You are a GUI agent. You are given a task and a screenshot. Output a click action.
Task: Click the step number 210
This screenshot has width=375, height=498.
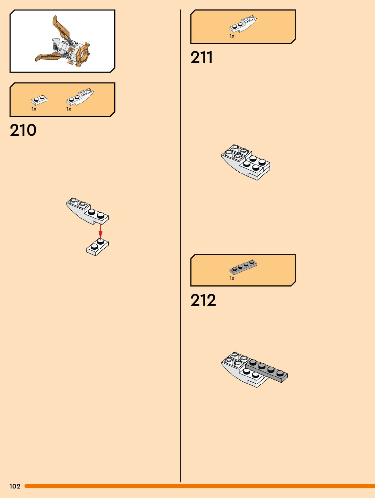click(x=23, y=130)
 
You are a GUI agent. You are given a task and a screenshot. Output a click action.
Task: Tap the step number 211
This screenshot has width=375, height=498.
click(x=201, y=57)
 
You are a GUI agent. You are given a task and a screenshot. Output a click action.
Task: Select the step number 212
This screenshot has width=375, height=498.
click(x=203, y=300)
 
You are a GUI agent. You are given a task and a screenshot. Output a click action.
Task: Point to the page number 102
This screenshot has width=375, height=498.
click(x=15, y=486)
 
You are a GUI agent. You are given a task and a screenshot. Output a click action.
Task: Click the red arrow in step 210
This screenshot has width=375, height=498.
click(x=100, y=231)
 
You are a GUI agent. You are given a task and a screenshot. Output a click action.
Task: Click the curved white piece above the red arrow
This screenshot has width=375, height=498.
click(x=86, y=211)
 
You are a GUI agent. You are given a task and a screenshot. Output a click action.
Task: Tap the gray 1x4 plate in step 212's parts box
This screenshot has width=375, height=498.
click(x=243, y=267)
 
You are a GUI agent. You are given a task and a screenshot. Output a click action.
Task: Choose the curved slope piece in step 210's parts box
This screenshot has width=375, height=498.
click(x=80, y=97)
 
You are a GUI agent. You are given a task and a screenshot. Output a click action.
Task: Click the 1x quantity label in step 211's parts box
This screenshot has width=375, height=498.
click(x=232, y=36)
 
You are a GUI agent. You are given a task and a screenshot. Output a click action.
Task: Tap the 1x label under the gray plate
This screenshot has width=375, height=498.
click(x=232, y=279)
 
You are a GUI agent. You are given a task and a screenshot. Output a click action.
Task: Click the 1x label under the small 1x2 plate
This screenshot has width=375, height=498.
click(x=34, y=109)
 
